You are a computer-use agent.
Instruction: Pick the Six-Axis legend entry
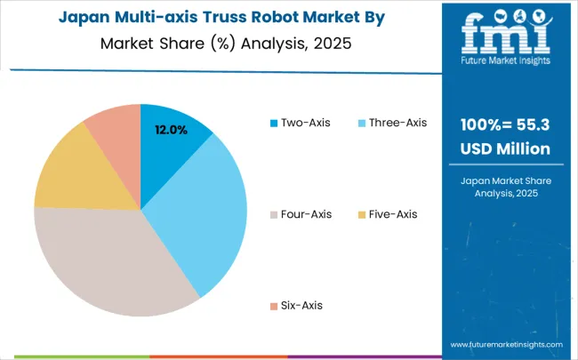[299, 305]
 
